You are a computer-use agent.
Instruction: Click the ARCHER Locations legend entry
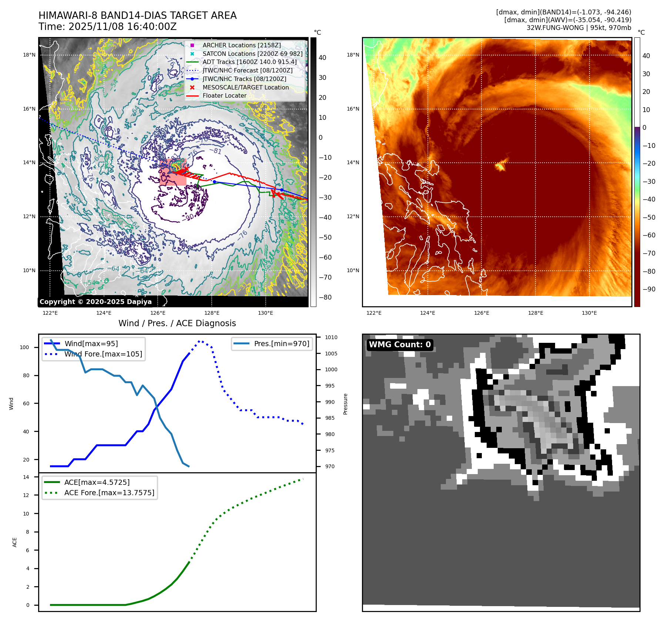(241, 45)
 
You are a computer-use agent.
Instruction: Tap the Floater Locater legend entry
(224, 95)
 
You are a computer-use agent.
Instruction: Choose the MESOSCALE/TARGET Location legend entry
(245, 87)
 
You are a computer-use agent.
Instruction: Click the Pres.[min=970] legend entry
(281, 344)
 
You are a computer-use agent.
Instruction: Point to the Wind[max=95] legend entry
(91, 344)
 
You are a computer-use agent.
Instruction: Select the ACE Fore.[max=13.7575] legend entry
(109, 493)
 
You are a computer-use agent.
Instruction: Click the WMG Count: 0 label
(400, 345)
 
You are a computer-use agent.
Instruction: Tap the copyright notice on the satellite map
(95, 302)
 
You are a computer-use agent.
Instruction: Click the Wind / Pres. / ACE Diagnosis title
(177, 323)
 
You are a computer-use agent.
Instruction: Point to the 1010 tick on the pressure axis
(331, 337)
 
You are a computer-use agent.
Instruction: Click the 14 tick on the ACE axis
(26, 477)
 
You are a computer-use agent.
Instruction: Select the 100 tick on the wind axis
(24, 347)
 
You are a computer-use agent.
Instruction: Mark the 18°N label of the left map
(29, 55)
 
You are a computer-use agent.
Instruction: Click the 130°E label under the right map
(589, 313)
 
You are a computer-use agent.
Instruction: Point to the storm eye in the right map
(500, 166)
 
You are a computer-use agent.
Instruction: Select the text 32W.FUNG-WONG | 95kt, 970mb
(579, 28)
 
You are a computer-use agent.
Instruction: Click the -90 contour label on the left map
(189, 217)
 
